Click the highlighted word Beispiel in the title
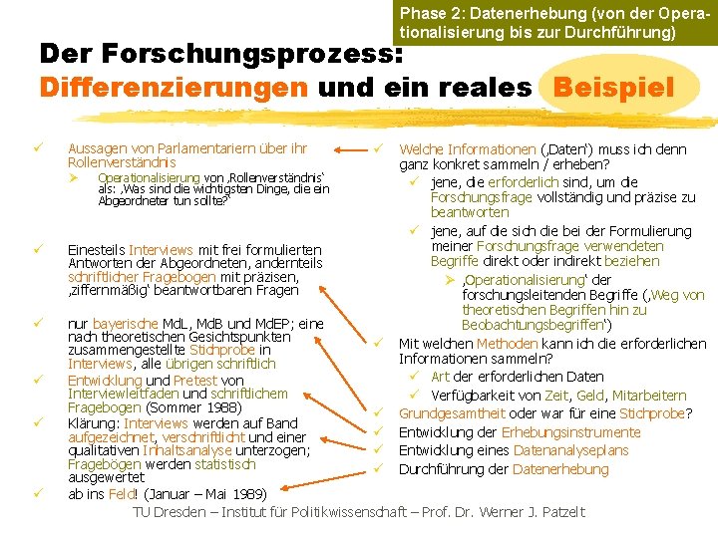(x=611, y=87)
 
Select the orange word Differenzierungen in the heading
(x=173, y=87)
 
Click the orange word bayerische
(x=125, y=324)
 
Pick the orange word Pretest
(x=196, y=381)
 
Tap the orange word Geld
(x=613, y=396)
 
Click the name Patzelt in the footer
(x=559, y=513)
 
